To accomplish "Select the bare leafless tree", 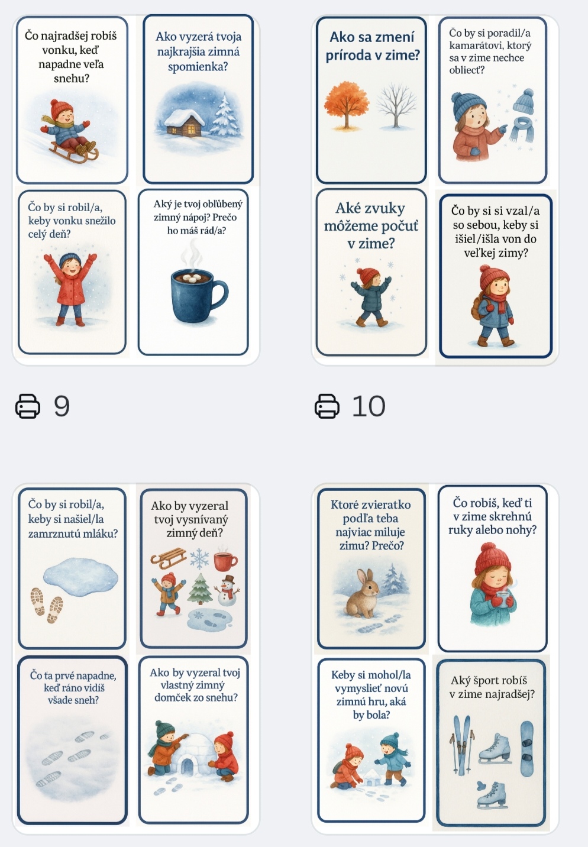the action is (x=396, y=105).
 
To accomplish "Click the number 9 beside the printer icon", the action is (x=62, y=406).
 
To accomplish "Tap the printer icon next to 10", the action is (x=327, y=406).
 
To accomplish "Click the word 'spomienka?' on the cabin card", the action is (x=198, y=67).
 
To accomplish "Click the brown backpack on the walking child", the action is (x=477, y=306).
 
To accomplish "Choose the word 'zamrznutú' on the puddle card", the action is (x=51, y=534).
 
